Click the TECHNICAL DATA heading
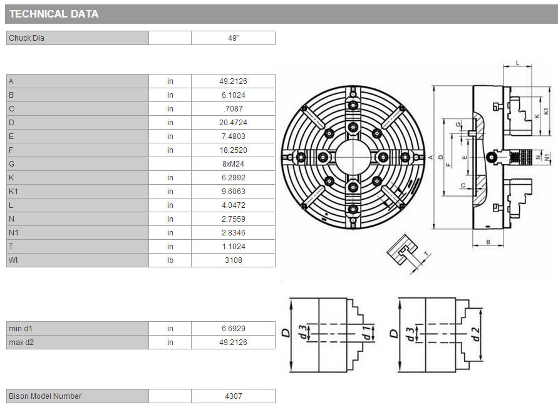coord(54,14)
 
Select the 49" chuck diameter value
coord(234,38)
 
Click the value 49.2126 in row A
coord(233,81)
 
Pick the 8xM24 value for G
coord(233,163)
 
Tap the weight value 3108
coord(234,260)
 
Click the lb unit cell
coord(170,260)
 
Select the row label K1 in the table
coord(13,192)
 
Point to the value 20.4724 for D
coord(233,122)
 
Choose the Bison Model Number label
coord(45,396)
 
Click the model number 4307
coord(234,396)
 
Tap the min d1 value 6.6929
coord(234,328)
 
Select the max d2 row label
coord(21,342)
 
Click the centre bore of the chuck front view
coord(353,157)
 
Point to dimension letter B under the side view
coord(488,242)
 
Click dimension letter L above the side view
coord(518,63)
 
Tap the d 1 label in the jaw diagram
coord(366,333)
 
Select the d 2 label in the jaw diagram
coord(476,334)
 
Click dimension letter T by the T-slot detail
coord(426,254)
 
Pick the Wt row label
coord(13,260)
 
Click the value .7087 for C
coord(234,109)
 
